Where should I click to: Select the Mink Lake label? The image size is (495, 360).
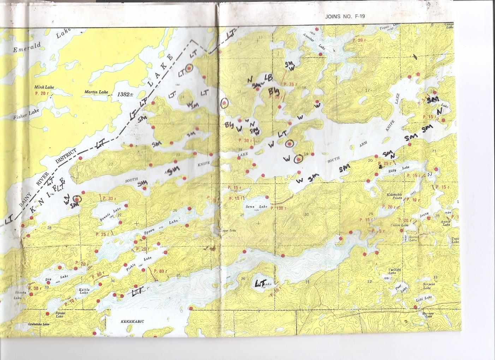(43, 87)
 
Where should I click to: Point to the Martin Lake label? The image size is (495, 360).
(96, 92)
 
